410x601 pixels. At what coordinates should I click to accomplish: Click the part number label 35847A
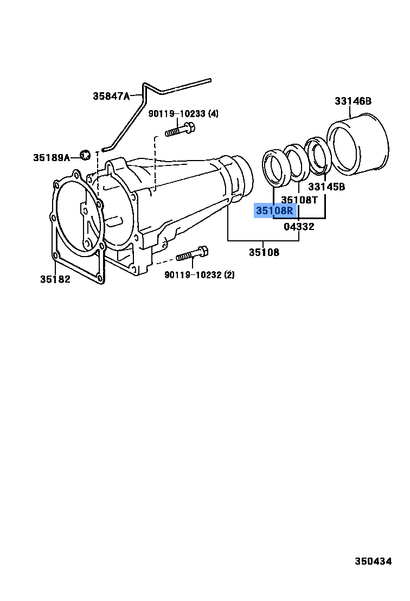click(111, 96)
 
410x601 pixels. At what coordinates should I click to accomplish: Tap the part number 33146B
click(353, 101)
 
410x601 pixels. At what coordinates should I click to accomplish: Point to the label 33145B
click(326, 187)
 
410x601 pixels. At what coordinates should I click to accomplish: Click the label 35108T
click(299, 200)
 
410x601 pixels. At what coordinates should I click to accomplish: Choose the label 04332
click(299, 227)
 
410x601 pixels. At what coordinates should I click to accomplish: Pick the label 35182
click(55, 279)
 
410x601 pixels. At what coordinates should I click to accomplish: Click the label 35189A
click(52, 157)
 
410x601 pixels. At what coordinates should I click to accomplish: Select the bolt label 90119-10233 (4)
click(184, 113)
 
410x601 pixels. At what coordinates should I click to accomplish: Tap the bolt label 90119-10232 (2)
click(200, 274)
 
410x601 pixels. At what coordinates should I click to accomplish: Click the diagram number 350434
click(373, 561)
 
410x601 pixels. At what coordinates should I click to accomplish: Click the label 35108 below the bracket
click(264, 252)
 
